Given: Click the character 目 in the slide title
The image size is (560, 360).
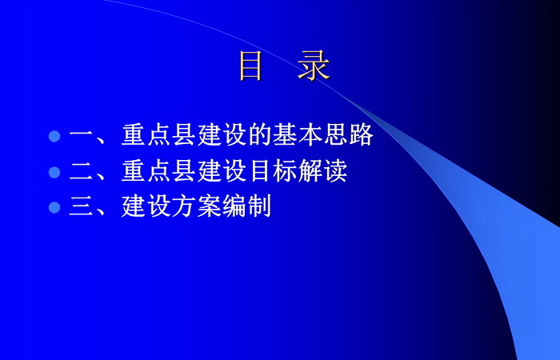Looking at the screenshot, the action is (x=250, y=66).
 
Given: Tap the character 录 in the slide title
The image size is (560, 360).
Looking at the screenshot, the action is (x=314, y=66).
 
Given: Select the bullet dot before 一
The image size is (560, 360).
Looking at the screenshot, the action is (x=54, y=136).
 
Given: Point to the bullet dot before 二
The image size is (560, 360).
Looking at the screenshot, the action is (x=54, y=172).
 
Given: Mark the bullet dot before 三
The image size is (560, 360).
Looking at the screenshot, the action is (x=54, y=207).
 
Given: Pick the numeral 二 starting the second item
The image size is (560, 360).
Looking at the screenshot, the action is (x=81, y=171).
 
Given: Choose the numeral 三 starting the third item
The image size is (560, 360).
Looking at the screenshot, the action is (x=81, y=206).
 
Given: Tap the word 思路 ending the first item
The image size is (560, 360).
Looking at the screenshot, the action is (x=349, y=135).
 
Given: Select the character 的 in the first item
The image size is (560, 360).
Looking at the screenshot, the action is (x=260, y=135).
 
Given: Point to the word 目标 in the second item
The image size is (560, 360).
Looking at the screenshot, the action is (x=273, y=170).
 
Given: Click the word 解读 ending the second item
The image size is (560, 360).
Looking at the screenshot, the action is (x=322, y=170).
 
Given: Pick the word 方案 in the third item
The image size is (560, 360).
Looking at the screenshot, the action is (x=197, y=206).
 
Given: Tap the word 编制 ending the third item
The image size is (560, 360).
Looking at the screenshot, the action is (x=246, y=206).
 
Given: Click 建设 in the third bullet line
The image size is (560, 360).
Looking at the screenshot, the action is (x=146, y=206).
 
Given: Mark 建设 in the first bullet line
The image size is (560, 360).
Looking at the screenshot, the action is (x=222, y=135).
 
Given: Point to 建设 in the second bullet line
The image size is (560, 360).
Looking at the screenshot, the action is (x=222, y=170).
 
